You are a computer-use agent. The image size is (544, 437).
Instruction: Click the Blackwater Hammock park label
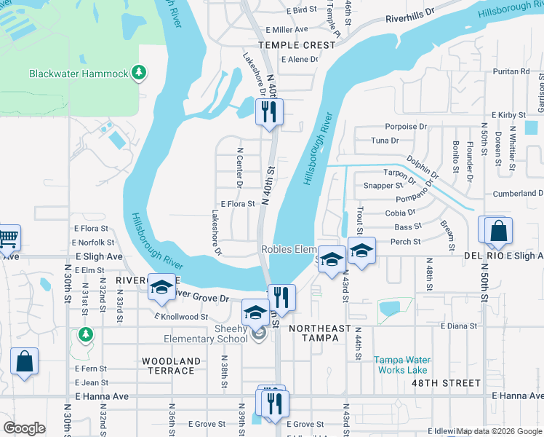click(79, 74)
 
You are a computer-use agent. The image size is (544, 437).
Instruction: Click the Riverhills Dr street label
click(409, 15)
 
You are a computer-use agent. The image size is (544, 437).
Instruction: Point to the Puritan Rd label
click(511, 71)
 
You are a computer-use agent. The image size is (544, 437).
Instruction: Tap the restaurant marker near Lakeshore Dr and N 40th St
click(269, 111)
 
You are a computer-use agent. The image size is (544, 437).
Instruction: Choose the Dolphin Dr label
click(423, 165)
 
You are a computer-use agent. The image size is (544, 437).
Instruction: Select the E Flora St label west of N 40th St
click(238, 205)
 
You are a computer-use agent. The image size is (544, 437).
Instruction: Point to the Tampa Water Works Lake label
click(401, 364)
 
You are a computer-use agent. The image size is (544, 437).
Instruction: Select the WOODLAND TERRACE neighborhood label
click(171, 366)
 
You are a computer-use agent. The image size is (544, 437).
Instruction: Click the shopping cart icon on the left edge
click(8, 237)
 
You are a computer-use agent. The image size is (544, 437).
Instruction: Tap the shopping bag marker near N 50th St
click(499, 231)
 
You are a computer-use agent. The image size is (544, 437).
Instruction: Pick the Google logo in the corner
click(25, 428)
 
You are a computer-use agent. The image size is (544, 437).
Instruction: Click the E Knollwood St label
click(182, 317)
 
